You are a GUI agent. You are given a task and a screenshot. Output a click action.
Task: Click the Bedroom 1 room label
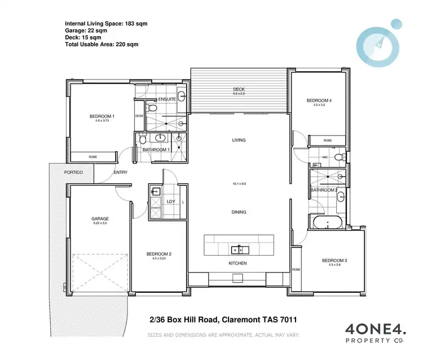[102, 117]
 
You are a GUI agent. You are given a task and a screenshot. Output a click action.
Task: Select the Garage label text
[100, 218]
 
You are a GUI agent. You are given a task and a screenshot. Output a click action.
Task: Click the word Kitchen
[238, 264]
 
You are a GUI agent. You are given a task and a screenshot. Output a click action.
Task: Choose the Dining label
[239, 212]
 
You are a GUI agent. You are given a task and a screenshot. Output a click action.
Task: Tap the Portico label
[73, 172]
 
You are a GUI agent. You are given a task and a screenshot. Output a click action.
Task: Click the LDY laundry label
[171, 201]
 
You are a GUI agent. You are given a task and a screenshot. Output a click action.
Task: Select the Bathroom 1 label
[154, 150]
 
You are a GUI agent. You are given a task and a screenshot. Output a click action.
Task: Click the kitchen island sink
[239, 248]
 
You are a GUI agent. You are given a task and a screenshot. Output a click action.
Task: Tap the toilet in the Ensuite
[151, 107]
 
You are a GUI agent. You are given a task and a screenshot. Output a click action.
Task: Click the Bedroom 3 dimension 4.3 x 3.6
[332, 265]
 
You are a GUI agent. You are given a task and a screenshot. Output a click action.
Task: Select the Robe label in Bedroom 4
[327, 141]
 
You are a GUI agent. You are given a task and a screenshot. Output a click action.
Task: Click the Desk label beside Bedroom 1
[139, 116]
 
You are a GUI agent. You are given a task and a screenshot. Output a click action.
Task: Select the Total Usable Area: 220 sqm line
[102, 44]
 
